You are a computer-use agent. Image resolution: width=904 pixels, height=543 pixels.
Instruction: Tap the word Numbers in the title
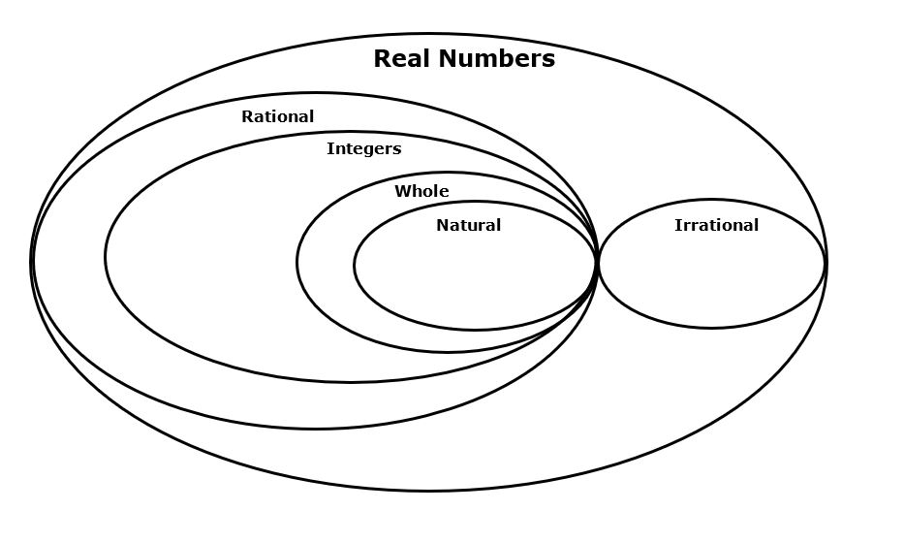click(x=497, y=59)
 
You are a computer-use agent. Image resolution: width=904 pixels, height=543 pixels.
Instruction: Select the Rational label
click(x=277, y=116)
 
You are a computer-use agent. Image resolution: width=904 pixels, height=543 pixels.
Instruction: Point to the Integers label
click(x=363, y=149)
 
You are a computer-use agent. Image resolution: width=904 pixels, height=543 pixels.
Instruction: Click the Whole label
click(x=421, y=191)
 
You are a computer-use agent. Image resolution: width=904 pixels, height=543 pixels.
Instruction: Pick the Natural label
click(x=468, y=226)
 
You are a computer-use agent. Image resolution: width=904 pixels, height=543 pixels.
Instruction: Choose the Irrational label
click(x=716, y=226)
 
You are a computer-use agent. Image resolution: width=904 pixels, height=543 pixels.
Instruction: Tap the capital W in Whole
click(x=401, y=191)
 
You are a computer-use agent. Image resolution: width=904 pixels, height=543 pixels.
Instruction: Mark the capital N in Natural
click(x=442, y=226)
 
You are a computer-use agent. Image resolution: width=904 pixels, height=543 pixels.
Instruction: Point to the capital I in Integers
click(x=329, y=149)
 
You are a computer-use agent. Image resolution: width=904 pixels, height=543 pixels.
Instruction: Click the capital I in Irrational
click(x=677, y=226)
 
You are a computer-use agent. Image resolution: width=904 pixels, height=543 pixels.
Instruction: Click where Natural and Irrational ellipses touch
click(x=597, y=262)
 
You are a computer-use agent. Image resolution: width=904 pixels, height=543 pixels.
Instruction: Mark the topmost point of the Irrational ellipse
click(x=712, y=200)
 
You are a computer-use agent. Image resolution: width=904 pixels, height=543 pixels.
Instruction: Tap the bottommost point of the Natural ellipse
click(x=476, y=330)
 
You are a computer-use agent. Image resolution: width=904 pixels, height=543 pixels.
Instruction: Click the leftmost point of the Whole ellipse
click(x=297, y=262)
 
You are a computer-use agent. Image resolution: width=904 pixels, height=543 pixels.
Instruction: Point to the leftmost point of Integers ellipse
click(x=106, y=257)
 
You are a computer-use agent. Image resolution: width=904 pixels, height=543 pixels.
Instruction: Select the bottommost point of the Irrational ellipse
click(x=711, y=328)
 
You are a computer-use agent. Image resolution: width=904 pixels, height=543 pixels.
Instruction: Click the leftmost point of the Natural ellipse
click(x=355, y=264)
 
